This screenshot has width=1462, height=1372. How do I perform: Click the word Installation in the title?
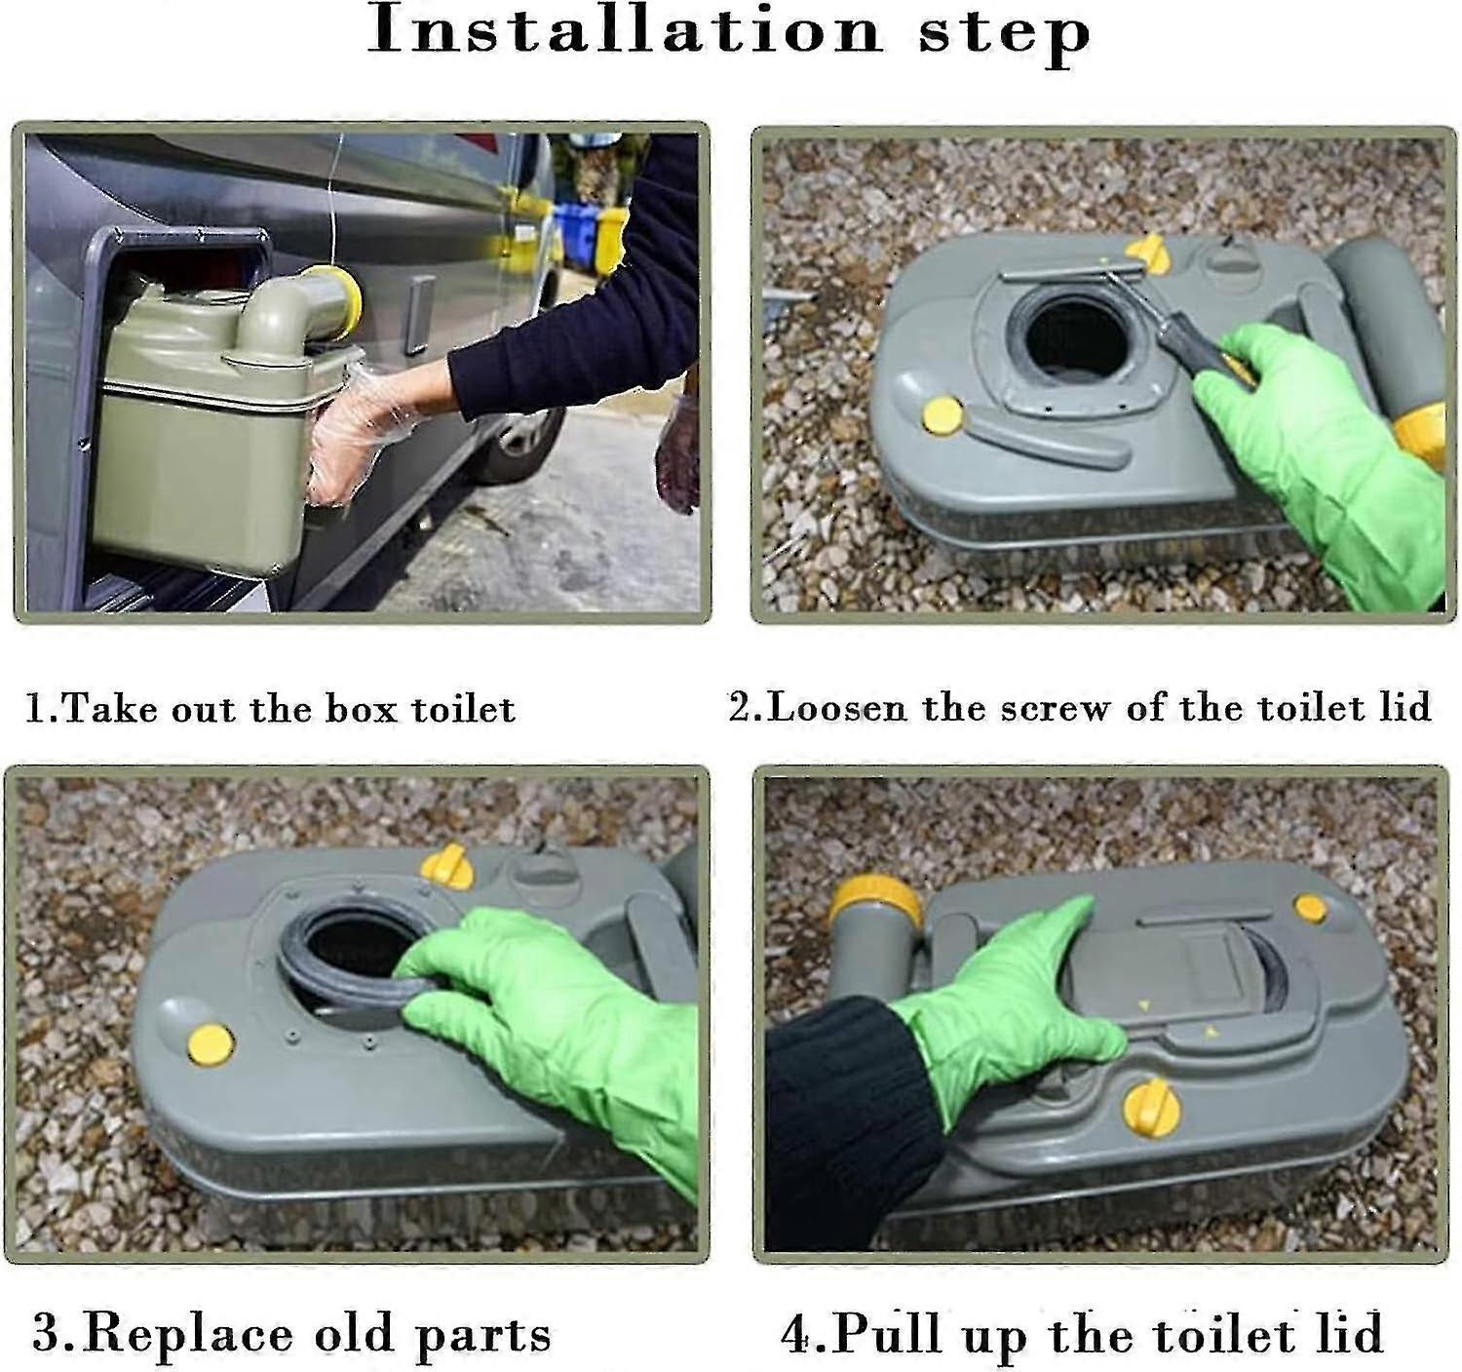tap(624, 31)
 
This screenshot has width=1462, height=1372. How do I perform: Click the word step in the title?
tap(1004, 33)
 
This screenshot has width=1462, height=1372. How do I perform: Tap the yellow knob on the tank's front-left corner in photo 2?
tap(943, 415)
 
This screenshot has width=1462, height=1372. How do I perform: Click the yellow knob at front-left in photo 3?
tap(210, 1044)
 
